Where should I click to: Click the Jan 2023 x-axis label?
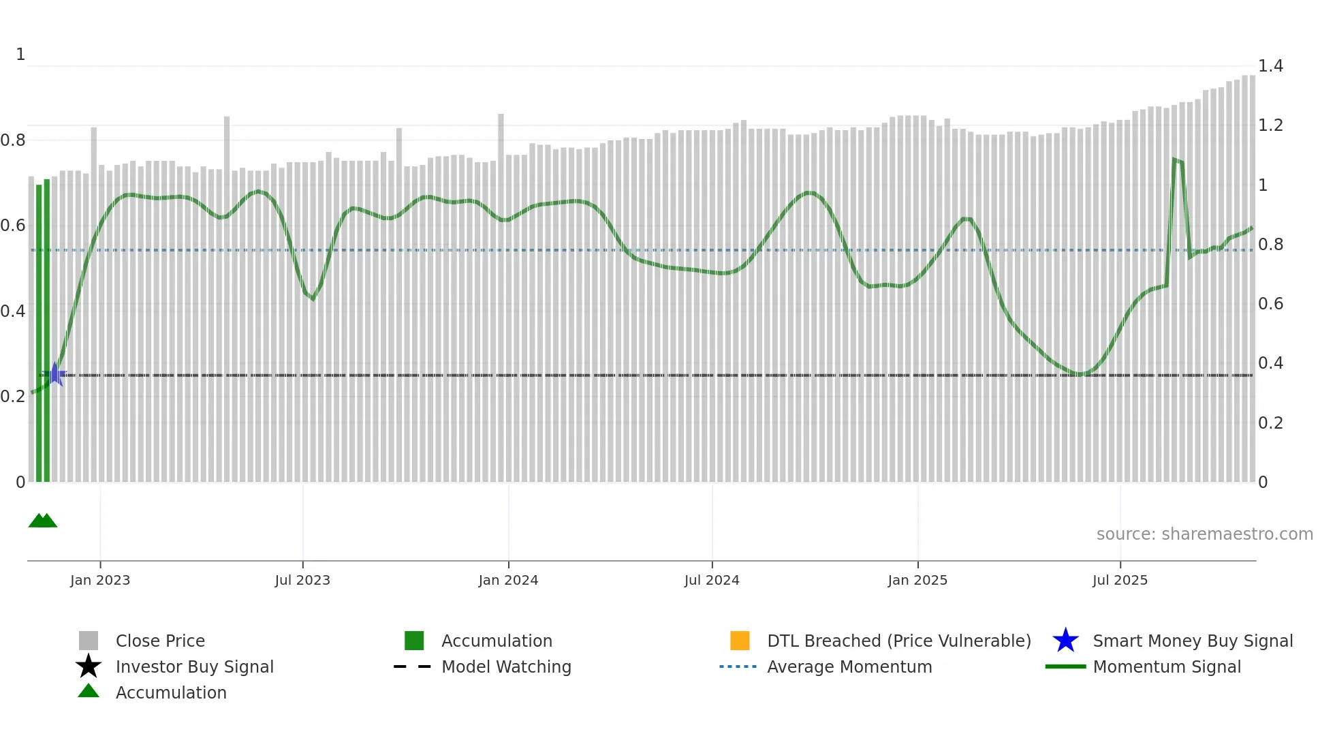pyautogui.click(x=100, y=580)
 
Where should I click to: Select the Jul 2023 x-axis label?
pyautogui.click(x=302, y=580)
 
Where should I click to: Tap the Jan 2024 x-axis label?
pyautogui.click(x=508, y=580)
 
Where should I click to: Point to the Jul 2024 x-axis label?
pyautogui.click(x=712, y=580)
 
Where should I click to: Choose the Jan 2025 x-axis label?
pyautogui.click(x=917, y=580)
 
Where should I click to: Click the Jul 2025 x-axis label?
pyautogui.click(x=1120, y=580)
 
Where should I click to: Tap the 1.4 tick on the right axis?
pyautogui.click(x=1270, y=66)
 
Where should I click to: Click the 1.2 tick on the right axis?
pyautogui.click(x=1270, y=125)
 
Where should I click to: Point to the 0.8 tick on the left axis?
pyautogui.click(x=13, y=140)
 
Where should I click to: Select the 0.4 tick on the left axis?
pyautogui.click(x=13, y=311)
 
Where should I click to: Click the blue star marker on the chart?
pyautogui.click(x=55, y=374)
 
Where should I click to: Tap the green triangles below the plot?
pyautogui.click(x=43, y=521)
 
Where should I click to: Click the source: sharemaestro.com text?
pyautogui.click(x=1204, y=534)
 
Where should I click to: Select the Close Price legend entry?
pyautogui.click(x=160, y=641)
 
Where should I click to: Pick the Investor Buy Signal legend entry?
pyautogui.click(x=194, y=666)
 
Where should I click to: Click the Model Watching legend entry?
pyautogui.click(x=506, y=666)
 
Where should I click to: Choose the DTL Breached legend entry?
pyautogui.click(x=898, y=641)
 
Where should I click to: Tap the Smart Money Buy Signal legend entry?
pyautogui.click(x=1193, y=641)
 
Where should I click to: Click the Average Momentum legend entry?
pyautogui.click(x=849, y=666)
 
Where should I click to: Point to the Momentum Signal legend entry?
pyautogui.click(x=1167, y=666)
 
